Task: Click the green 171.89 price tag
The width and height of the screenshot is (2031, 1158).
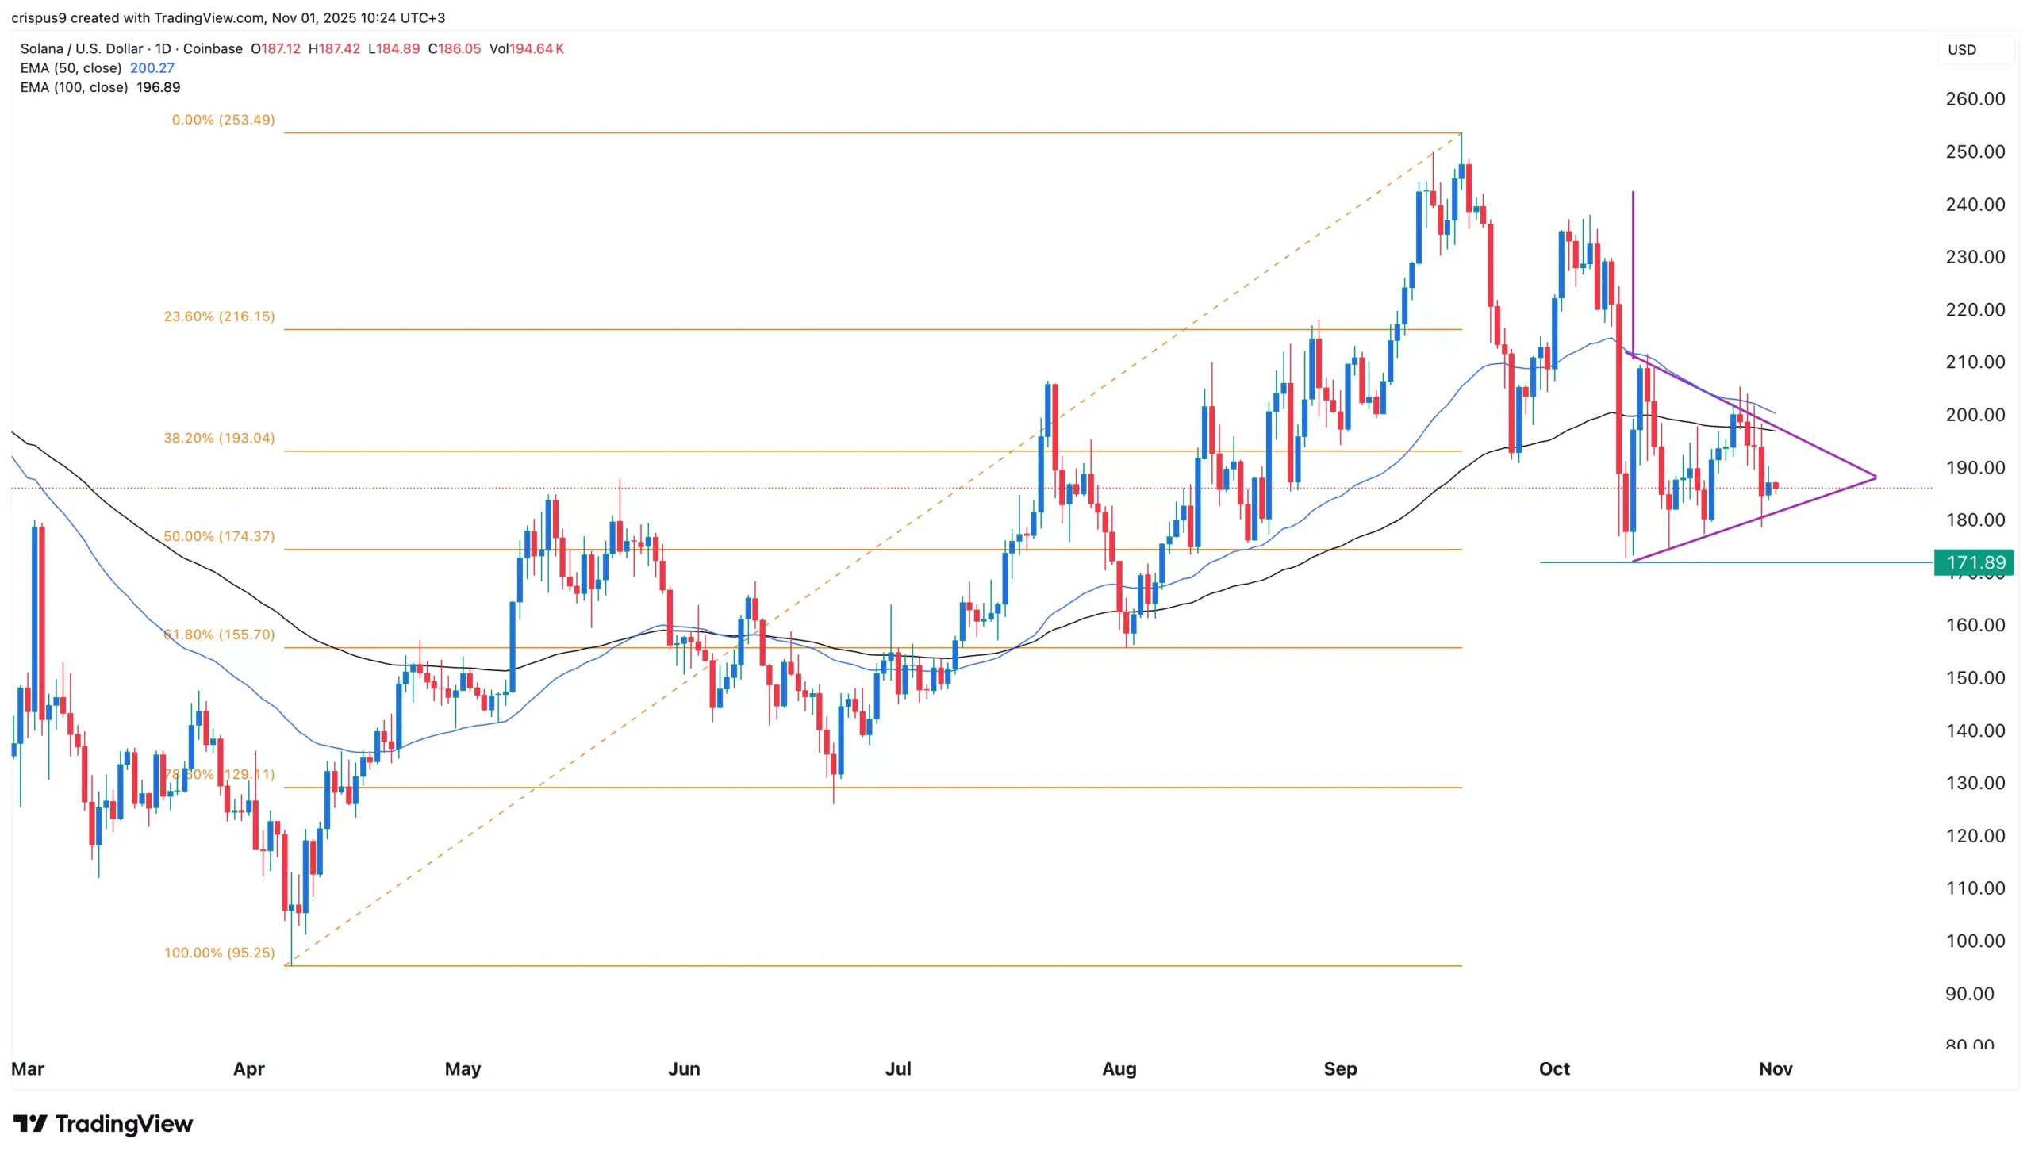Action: click(x=1974, y=563)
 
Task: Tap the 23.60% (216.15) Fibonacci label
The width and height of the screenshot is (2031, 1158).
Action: click(x=219, y=316)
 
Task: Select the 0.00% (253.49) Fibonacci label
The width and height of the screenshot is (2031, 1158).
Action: click(x=223, y=120)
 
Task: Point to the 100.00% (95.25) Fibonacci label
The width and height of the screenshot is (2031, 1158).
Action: click(x=219, y=953)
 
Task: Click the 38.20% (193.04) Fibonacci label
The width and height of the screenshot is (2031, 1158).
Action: click(x=219, y=439)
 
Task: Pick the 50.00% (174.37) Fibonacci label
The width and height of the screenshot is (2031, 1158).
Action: click(x=219, y=537)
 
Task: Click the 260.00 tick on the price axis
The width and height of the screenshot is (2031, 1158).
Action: click(x=1975, y=99)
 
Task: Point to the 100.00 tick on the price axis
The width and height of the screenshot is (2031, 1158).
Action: click(x=1975, y=941)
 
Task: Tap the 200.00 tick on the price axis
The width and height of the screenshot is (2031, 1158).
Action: click(x=1975, y=415)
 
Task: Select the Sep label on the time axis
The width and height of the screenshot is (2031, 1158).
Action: click(x=1340, y=1069)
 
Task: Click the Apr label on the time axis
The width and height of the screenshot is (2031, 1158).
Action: click(x=248, y=1069)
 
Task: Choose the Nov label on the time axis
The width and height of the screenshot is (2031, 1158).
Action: click(x=1775, y=1069)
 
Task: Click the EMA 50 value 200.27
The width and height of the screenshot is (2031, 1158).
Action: click(x=152, y=68)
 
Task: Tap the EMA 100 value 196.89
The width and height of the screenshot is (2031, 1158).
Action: click(x=159, y=87)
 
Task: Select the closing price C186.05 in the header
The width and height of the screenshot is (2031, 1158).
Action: click(x=455, y=48)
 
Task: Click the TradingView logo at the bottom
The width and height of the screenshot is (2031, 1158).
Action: click(x=103, y=1124)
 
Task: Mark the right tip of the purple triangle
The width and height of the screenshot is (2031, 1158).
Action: click(x=1875, y=477)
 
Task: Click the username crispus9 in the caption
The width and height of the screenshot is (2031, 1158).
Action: click(x=39, y=17)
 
